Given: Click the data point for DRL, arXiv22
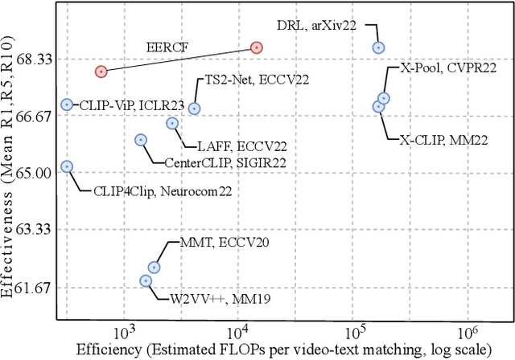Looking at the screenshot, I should click(x=378, y=47).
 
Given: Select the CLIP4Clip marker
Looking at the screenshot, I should click(x=67, y=166).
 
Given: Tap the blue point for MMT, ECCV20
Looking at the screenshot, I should click(x=154, y=267).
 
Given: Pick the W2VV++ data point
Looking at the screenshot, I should click(x=146, y=280).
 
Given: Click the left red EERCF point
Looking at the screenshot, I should click(x=101, y=72).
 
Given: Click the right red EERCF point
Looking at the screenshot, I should click(x=256, y=47).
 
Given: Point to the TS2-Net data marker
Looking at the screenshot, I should click(x=194, y=108).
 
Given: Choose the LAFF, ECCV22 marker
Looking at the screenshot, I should click(x=171, y=123).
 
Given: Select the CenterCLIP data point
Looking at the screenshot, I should click(x=141, y=140).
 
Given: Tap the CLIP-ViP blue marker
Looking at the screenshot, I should click(x=67, y=104).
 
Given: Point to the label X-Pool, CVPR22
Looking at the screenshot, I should click(x=448, y=69).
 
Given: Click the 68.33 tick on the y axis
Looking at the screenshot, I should click(x=34, y=59).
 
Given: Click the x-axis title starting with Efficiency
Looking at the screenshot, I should click(x=282, y=350).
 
